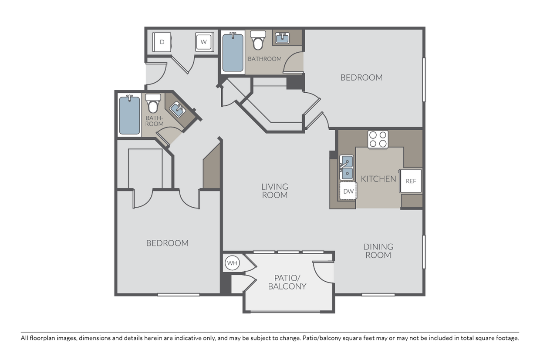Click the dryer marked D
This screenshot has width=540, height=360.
click(162, 42)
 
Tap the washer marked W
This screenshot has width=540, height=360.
click(203, 42)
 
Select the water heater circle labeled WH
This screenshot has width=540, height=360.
click(232, 263)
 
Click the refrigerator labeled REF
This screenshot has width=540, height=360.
click(411, 181)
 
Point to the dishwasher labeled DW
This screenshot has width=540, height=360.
click(348, 191)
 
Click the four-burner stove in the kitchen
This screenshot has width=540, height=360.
click(378, 139)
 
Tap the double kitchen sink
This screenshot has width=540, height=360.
click(347, 168)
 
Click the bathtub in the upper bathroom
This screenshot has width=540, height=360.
click(233, 53)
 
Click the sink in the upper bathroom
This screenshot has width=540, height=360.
click(282, 38)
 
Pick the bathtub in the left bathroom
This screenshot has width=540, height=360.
click(129, 115)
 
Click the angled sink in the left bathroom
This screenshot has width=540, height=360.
click(177, 109)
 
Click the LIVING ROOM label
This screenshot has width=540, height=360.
click(275, 191)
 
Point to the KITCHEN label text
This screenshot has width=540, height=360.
click(378, 178)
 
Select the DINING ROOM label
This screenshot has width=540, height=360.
click(378, 251)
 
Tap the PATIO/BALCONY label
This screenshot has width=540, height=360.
click(287, 282)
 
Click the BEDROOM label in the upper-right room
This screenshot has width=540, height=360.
click(361, 77)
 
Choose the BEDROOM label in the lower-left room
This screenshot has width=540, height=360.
click(167, 243)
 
